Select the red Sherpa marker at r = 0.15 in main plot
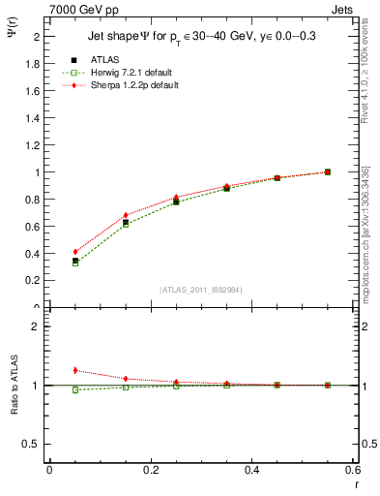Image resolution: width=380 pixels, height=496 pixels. pyautogui.click(x=126, y=215)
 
